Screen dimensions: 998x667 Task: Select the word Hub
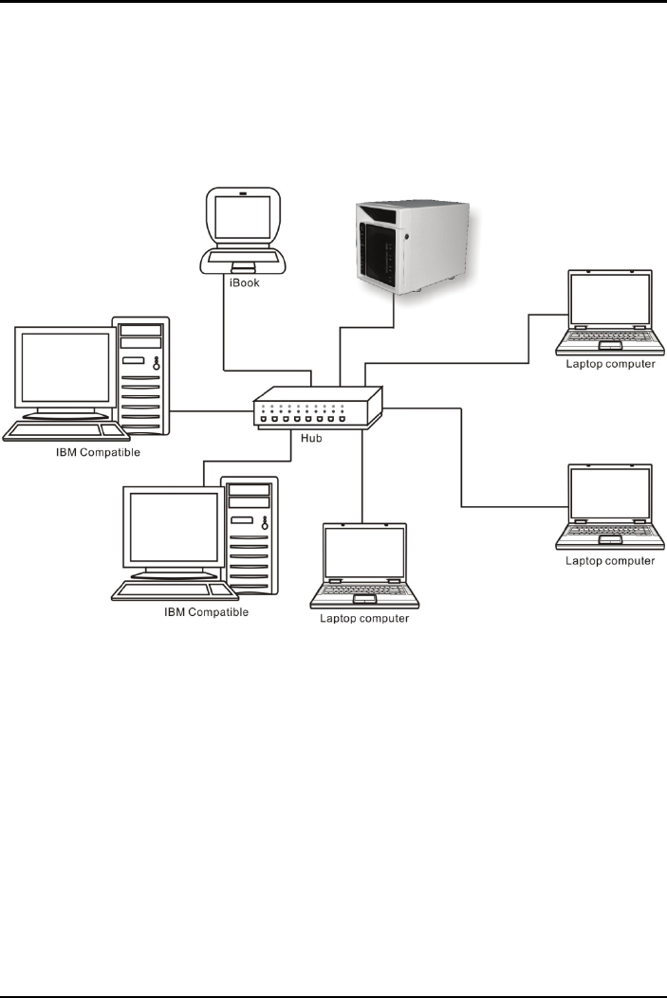pyautogui.click(x=312, y=439)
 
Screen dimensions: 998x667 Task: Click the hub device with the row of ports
pyautogui.click(x=316, y=408)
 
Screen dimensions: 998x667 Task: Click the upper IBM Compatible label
pyautogui.click(x=98, y=452)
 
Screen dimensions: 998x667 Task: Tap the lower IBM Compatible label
pyautogui.click(x=206, y=612)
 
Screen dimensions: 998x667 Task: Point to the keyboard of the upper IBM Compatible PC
pyautogui.click(x=65, y=431)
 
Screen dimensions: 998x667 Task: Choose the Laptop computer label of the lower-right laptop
pyautogui.click(x=609, y=561)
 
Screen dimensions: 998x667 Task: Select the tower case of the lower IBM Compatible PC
pyautogui.click(x=250, y=535)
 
